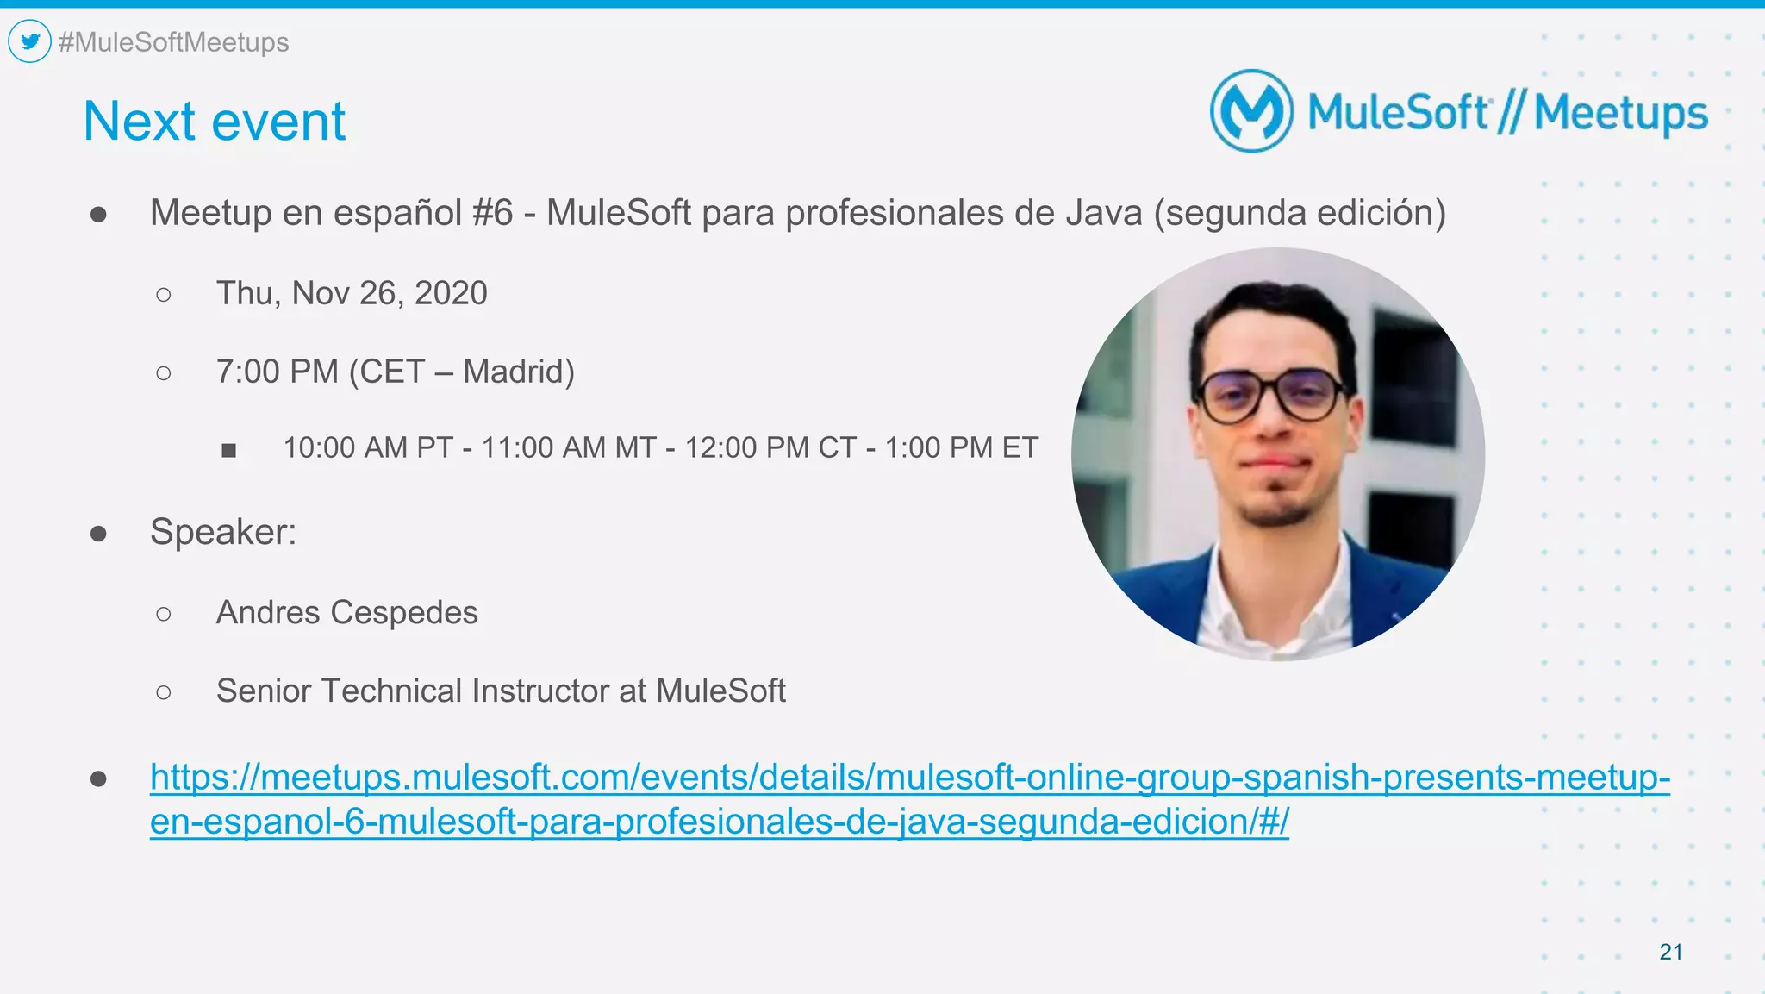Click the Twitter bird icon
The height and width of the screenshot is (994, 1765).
[30, 41]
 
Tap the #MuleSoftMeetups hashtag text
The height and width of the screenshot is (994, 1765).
[173, 42]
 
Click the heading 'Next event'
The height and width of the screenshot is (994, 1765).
[214, 121]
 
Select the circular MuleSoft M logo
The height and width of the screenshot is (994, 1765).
[1251, 111]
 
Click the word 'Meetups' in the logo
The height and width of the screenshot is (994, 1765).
[1620, 114]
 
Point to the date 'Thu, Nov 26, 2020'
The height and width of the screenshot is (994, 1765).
[352, 293]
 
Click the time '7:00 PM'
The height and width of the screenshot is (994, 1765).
[277, 372]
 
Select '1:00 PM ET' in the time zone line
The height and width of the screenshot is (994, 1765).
[961, 447]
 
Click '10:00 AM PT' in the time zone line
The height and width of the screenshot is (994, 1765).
[368, 447]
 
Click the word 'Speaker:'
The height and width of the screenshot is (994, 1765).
[223, 531]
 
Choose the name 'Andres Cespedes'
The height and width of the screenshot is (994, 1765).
[346, 612]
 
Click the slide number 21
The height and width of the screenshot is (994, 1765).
[1670, 952]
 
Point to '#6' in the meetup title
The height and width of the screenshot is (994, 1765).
[493, 213]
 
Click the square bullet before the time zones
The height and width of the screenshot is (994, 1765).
[228, 450]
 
